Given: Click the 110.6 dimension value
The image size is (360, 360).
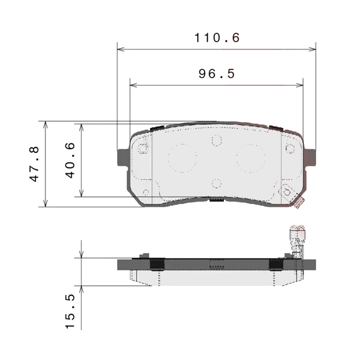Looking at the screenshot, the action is (217, 38).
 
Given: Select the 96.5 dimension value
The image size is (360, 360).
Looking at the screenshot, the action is (217, 74).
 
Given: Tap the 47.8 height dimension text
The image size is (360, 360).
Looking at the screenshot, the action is (34, 164).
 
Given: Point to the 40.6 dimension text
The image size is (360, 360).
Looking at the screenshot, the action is (70, 160).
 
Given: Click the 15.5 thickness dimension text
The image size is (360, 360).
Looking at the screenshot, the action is (70, 311).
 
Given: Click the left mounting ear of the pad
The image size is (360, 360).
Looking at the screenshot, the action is (123, 157).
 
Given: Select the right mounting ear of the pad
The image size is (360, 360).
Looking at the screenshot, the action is (310, 157).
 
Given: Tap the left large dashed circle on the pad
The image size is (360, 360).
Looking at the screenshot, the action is (182, 158).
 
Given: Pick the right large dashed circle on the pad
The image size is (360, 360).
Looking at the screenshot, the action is (251, 158).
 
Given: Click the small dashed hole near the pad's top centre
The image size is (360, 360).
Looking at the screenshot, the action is (217, 140).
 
